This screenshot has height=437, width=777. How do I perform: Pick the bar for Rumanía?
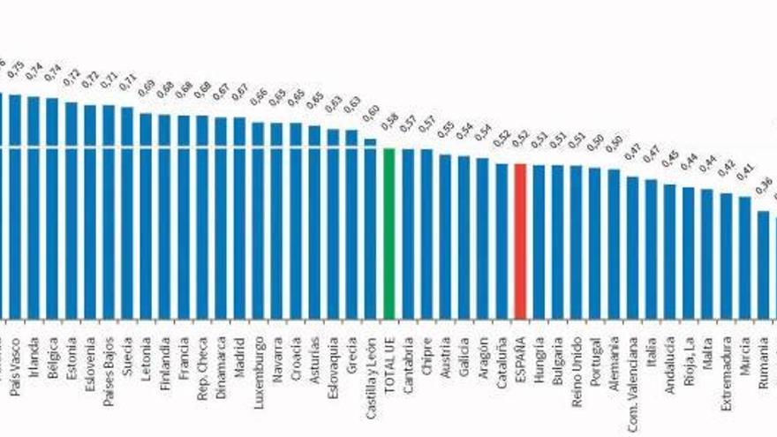[764, 264]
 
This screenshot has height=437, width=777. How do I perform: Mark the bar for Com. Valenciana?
[632, 246]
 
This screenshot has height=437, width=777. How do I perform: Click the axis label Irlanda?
[34, 355]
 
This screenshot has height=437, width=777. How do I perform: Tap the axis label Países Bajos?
[109, 366]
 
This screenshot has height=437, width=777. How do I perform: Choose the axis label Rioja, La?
[689, 360]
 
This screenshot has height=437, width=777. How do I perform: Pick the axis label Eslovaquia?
[333, 365]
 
